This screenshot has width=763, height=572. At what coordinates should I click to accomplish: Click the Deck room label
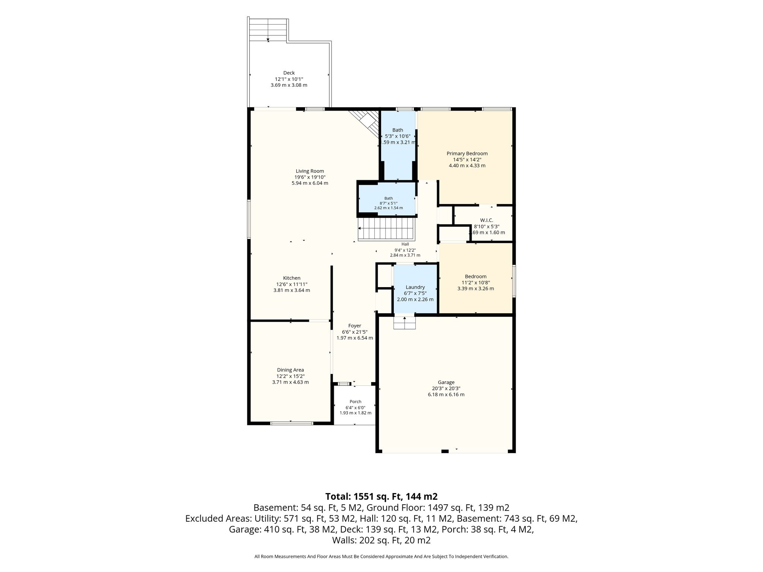tap(289, 73)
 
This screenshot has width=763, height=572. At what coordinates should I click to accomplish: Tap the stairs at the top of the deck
tap(268, 29)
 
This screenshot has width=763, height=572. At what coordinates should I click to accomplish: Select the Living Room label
tap(310, 171)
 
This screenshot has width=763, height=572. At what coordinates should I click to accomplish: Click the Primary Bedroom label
tap(467, 153)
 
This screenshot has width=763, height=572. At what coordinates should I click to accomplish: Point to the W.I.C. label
tap(487, 220)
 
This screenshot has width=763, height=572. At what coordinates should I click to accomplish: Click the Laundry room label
tap(415, 287)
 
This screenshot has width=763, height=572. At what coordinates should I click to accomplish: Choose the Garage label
tap(446, 382)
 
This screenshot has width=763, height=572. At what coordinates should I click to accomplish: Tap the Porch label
tap(355, 401)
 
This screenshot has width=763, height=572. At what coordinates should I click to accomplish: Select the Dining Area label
tap(291, 370)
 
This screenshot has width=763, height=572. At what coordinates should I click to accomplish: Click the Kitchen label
tap(292, 278)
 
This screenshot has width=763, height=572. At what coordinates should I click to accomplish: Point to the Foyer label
tap(355, 326)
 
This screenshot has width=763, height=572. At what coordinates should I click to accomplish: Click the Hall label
tap(405, 244)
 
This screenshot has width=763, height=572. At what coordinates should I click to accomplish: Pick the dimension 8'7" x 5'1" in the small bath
tap(389, 203)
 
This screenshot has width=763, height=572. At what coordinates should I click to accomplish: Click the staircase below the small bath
tap(386, 229)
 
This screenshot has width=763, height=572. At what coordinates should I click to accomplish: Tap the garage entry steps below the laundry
tap(405, 322)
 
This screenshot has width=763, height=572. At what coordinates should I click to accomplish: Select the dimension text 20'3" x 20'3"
tap(446, 388)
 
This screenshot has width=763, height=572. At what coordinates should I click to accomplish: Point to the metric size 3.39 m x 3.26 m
tap(476, 289)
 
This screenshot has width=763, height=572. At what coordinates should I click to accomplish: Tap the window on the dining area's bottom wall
tap(292, 423)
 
